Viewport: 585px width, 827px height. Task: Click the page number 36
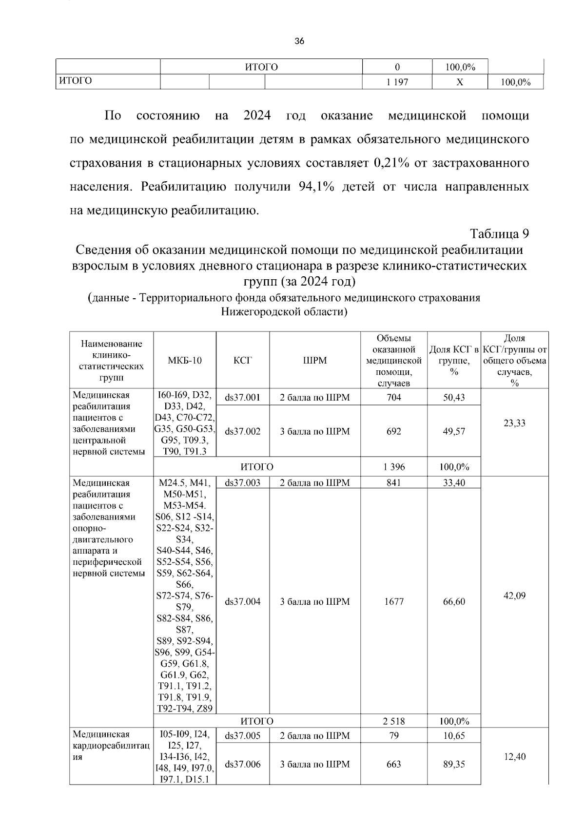tap(299, 41)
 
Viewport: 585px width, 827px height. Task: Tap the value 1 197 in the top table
tap(397, 82)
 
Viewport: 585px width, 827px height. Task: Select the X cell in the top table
tap(459, 82)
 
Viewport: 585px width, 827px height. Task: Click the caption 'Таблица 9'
tap(499, 233)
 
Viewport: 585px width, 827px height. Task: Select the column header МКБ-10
tap(185, 361)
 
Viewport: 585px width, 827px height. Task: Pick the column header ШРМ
tap(314, 361)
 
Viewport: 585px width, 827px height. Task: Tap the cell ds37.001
tap(243, 398)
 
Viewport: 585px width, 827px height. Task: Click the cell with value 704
tap(394, 398)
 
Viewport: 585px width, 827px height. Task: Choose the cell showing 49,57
tap(454, 431)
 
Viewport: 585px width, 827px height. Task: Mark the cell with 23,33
tap(514, 423)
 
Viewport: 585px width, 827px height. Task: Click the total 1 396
tap(394, 467)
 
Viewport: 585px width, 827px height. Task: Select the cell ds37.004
tap(243, 602)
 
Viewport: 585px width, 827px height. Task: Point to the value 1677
tap(394, 602)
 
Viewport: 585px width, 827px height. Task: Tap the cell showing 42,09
tap(514, 596)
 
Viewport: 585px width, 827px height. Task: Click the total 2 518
tap(394, 721)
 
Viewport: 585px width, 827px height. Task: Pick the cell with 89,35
tap(454, 764)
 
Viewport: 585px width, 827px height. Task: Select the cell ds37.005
tap(243, 736)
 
